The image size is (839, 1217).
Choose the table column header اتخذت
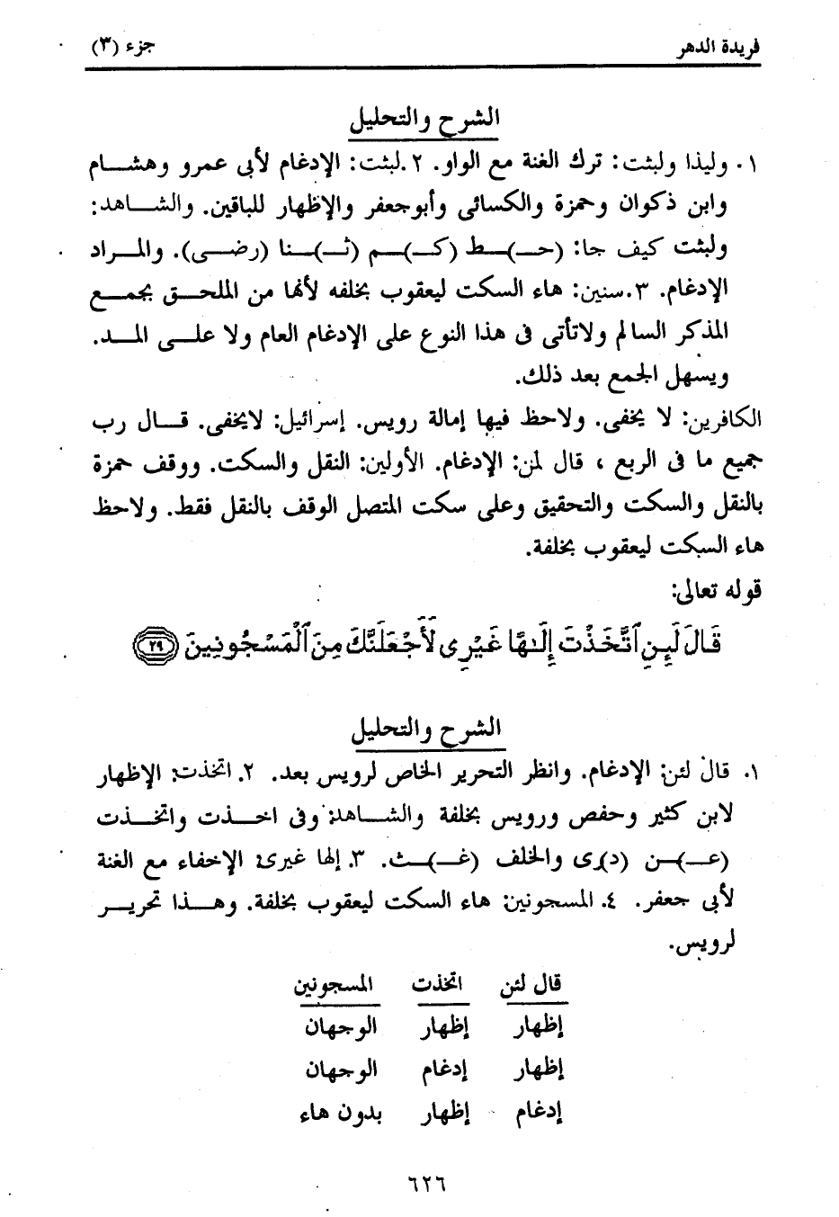click(437, 983)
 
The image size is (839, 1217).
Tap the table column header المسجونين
click(336, 983)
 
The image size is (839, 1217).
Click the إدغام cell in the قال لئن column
click(539, 1114)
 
